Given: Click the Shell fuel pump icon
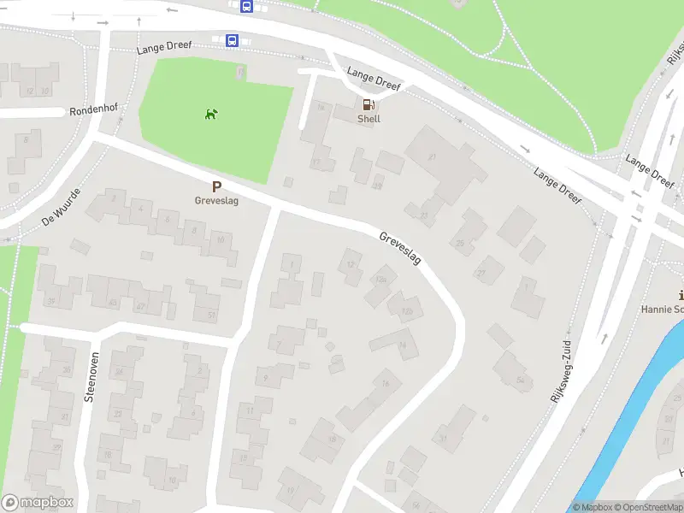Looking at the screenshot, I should click(369, 104).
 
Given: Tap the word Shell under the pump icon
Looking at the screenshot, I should click(369, 119).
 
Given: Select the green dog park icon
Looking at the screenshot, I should click(210, 114).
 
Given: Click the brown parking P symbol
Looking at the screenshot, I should click(216, 186).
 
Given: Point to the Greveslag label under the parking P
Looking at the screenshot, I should click(215, 201).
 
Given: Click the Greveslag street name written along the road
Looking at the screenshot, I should click(400, 247).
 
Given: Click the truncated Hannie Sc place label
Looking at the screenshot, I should click(663, 309).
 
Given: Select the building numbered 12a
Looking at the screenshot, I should click(380, 280).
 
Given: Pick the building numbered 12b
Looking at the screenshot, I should click(407, 311).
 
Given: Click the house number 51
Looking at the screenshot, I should click(212, 315).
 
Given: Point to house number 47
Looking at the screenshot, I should click(141, 306).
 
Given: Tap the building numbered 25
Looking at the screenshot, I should click(461, 243).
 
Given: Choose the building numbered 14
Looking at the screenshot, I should click(402, 345).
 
